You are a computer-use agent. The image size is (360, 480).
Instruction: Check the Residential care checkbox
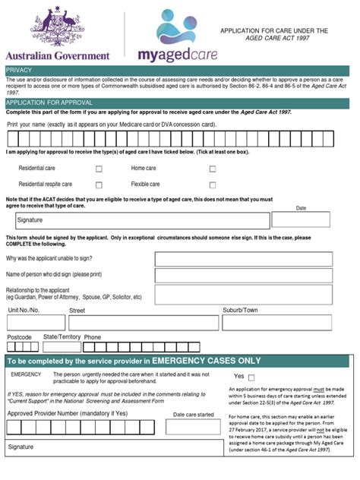tap(99, 169)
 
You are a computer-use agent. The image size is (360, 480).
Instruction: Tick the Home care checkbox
tap(213, 169)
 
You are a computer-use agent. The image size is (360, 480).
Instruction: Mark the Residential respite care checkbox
tap(99, 185)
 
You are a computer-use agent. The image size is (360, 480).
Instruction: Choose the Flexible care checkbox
tap(213, 185)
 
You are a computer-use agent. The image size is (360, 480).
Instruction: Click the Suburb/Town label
tap(240, 310)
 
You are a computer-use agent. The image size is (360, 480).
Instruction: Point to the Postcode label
tap(19, 336)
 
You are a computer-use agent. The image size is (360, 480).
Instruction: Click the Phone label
tap(93, 337)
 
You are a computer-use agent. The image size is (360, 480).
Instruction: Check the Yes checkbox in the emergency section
tap(251, 377)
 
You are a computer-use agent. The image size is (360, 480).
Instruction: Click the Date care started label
tap(194, 415)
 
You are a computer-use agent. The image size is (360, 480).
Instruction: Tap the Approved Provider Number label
tap(68, 413)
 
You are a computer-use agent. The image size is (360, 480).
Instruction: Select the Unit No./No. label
tap(24, 310)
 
